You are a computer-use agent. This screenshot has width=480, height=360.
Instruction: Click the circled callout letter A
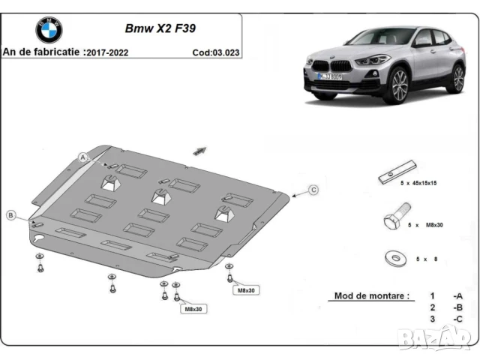coord(84,157)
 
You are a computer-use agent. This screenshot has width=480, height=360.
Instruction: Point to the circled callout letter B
coord(11,215)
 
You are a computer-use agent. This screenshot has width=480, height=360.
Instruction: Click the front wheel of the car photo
coord(397,85)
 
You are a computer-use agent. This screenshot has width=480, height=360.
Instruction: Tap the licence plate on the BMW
coord(333,77)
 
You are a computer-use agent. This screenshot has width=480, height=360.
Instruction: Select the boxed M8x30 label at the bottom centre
coord(193,308)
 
